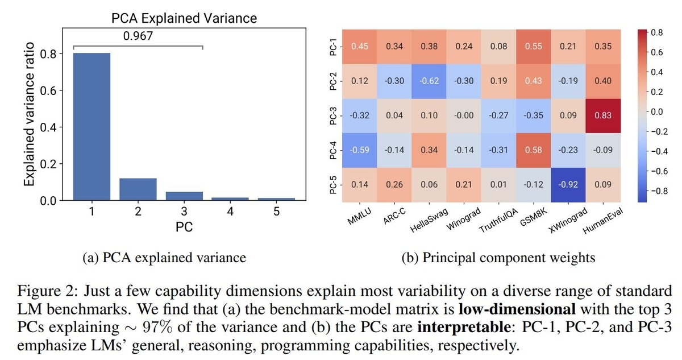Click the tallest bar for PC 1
pyautogui.click(x=92, y=126)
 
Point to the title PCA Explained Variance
pyautogui.click(x=184, y=18)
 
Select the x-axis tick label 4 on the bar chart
pyautogui.click(x=230, y=213)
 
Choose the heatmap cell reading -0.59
pyautogui.click(x=359, y=150)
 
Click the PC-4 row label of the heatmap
pyautogui.click(x=334, y=150)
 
